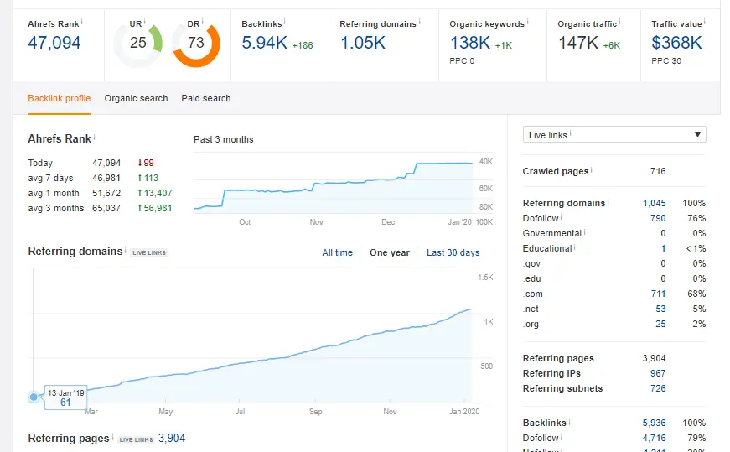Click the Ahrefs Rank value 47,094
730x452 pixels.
pyautogui.click(x=54, y=43)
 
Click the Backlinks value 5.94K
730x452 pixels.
pyautogui.click(x=263, y=43)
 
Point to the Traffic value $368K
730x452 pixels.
pyautogui.click(x=676, y=43)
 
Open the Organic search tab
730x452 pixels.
pyautogui.click(x=136, y=98)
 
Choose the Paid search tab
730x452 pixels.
pyautogui.click(x=205, y=98)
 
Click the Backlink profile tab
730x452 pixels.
pyautogui.click(x=59, y=98)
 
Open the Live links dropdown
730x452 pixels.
pyautogui.click(x=614, y=135)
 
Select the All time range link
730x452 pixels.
pyautogui.click(x=337, y=252)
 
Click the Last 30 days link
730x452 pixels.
pyautogui.click(x=453, y=252)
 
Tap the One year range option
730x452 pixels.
pyautogui.click(x=390, y=252)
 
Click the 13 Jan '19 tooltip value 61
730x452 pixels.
pyautogui.click(x=66, y=403)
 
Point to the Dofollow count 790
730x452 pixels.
pyautogui.click(x=658, y=218)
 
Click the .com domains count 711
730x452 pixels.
pyautogui.click(x=658, y=294)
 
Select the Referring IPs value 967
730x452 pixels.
pyautogui.click(x=658, y=373)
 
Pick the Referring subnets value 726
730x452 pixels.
pyautogui.click(x=658, y=388)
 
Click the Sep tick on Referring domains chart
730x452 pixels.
pyautogui.click(x=315, y=412)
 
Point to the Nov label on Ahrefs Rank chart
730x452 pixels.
pyautogui.click(x=316, y=222)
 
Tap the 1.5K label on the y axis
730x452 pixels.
pyautogui.click(x=485, y=278)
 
